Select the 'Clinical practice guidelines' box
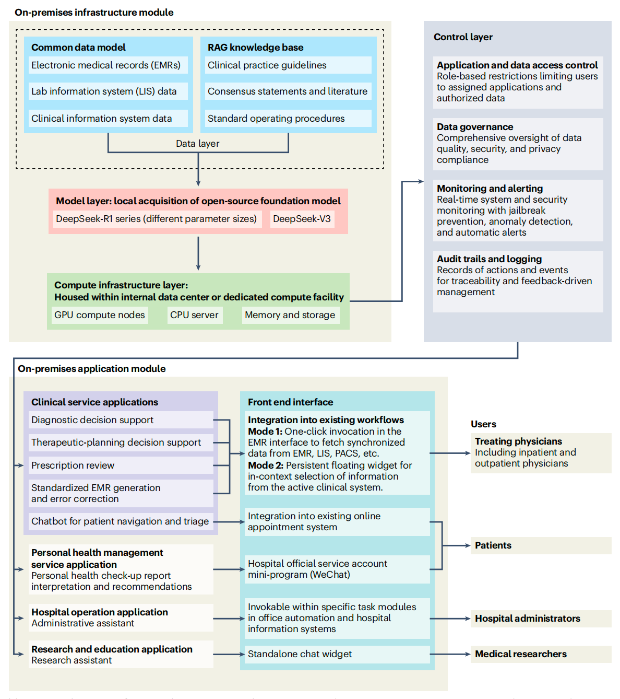(288, 65)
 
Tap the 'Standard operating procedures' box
(288, 119)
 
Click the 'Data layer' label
(197, 144)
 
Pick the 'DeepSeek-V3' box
(302, 219)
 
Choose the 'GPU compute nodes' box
(100, 315)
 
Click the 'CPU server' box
(194, 315)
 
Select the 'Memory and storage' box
(290, 315)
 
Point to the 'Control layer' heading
(463, 37)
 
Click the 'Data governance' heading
(475, 127)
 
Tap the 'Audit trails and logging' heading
(489, 259)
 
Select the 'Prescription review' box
(121, 465)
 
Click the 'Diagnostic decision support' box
(121, 420)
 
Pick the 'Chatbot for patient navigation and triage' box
(121, 521)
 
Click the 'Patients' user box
(541, 545)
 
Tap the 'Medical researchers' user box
(541, 654)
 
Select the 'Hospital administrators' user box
(541, 619)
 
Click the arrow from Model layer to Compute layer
(198, 253)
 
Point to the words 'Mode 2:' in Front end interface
(265, 465)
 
